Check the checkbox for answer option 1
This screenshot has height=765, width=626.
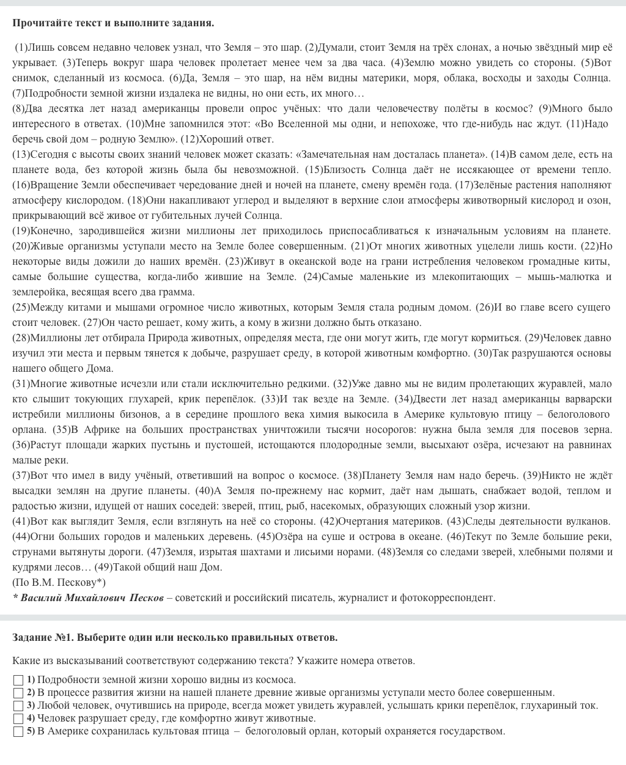coord(18,680)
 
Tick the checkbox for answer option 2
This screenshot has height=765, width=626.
coord(18,693)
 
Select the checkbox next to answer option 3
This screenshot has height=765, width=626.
coord(18,706)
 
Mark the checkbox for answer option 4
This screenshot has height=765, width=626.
coord(18,719)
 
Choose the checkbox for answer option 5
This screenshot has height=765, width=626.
coord(18,731)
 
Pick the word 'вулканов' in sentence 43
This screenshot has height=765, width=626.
coord(589,521)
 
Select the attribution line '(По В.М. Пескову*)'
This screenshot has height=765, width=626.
coord(59,582)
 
